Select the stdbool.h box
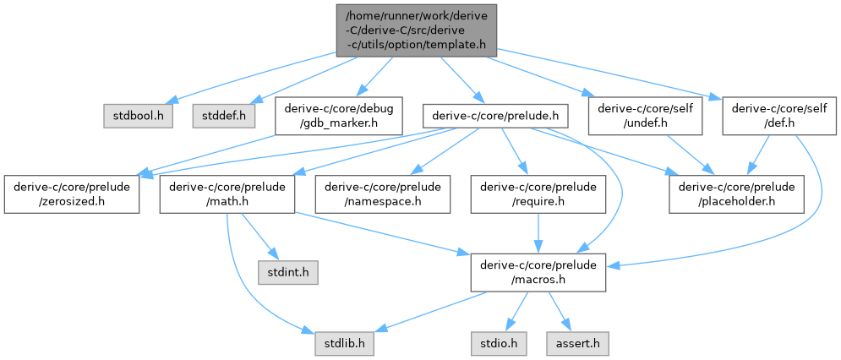(x=139, y=114)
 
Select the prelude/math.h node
(x=227, y=194)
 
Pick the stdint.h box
(x=287, y=273)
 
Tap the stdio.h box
(x=494, y=345)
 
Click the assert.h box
(x=577, y=345)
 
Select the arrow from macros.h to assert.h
(x=558, y=310)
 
